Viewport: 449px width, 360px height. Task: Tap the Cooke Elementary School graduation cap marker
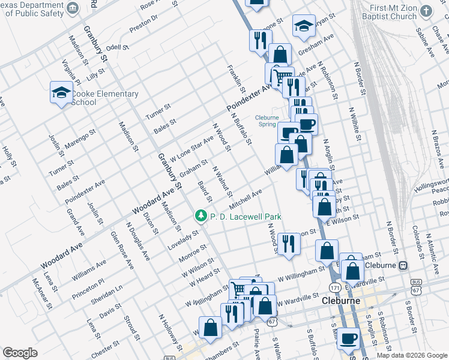61,92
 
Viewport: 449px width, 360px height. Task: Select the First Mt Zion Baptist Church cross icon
426,11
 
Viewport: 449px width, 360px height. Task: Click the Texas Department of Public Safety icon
73,7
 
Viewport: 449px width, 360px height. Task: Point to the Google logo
20,353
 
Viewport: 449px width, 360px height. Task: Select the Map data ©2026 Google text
411,355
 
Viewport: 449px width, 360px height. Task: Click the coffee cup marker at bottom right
347,338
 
